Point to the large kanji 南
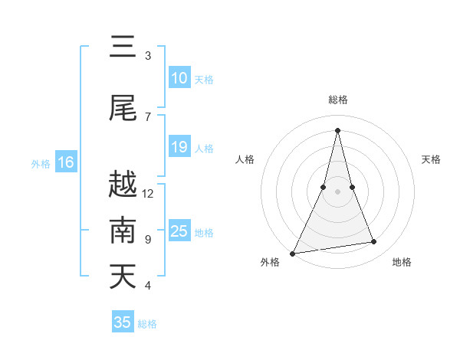point(123,231)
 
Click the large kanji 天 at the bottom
point(123,277)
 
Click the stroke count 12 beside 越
point(148,194)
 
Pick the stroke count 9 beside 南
point(148,240)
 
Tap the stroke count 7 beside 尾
point(148,117)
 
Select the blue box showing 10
point(179,78)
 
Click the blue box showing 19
point(179,147)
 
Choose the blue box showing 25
point(179,231)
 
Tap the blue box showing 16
point(66,162)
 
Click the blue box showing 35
point(123,322)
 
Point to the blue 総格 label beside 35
point(147,324)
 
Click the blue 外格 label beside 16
point(41,164)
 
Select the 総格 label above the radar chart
point(337,100)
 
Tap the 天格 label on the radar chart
point(431,159)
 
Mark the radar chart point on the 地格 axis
point(374,242)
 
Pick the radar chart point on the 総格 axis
point(337,129)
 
